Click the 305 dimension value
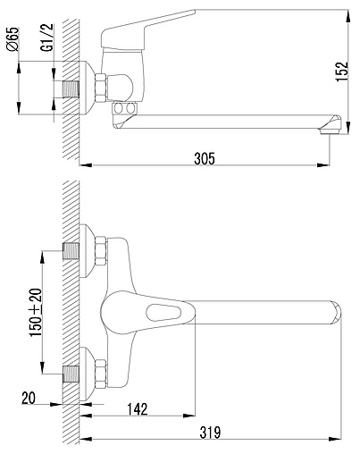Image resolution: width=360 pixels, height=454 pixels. tap(205, 158)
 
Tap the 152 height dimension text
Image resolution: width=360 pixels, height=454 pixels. tap(342, 71)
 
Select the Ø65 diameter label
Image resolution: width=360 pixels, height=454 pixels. tap(13, 38)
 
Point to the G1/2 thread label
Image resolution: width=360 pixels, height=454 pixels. tap(47, 38)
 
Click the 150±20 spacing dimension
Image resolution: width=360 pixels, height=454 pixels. tap(36, 313)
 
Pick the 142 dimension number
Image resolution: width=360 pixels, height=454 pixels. tap(138, 409)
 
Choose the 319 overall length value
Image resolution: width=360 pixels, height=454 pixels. tap(210, 433)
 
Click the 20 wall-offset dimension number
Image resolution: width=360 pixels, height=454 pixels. tap(29, 398)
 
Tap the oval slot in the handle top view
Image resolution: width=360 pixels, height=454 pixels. tap(163, 313)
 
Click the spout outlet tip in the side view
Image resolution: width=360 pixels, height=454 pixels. tap(331, 125)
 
